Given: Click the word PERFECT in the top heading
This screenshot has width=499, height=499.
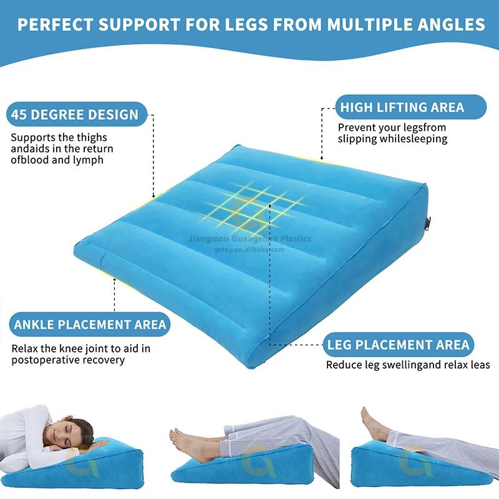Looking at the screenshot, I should [57, 25].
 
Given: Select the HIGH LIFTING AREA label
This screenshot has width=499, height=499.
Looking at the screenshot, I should [402, 107].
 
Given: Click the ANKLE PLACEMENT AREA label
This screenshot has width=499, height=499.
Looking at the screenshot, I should [90, 324].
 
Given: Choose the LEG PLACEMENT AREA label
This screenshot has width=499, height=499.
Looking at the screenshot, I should [399, 344].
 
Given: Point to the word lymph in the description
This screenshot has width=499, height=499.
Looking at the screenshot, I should [88, 160].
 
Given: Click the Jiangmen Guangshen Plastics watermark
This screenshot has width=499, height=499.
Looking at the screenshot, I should [249, 238].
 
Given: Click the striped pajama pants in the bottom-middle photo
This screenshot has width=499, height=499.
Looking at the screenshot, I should [287, 437].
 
